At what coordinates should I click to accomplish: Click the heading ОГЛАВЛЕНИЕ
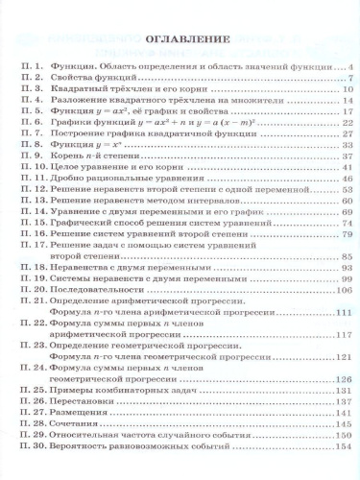180,42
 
